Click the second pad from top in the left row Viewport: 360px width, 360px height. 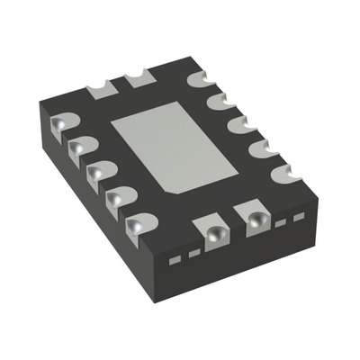point(81,147)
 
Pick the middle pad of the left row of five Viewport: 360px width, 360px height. point(99,170)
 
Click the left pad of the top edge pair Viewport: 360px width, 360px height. point(101,88)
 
